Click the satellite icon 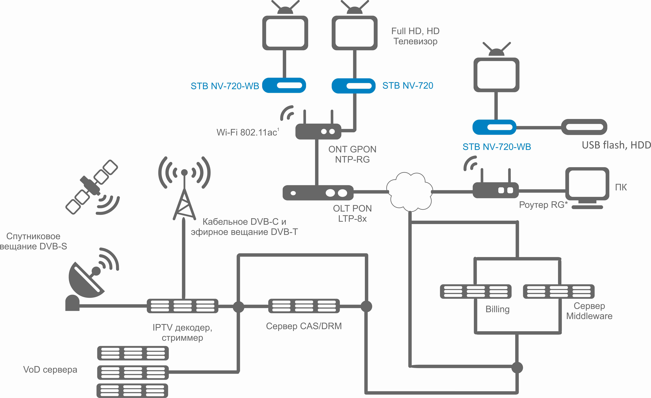pos(91,186)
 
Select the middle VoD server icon pos(133,372)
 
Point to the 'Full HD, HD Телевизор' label pos(415,36)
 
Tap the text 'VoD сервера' pos(50,369)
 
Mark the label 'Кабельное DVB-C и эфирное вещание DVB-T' pos(244,227)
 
